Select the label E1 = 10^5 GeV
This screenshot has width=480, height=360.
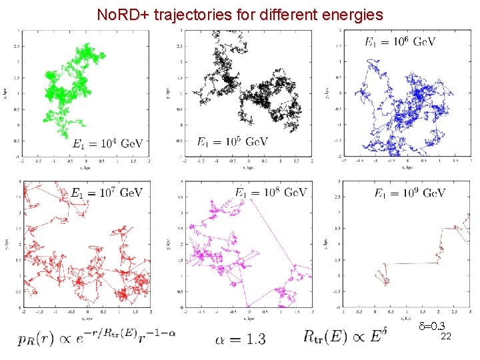[x=233, y=142]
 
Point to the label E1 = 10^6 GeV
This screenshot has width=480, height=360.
[x=399, y=42]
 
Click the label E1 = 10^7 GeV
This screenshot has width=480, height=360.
[x=107, y=193]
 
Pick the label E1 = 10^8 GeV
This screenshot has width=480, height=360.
[x=270, y=193]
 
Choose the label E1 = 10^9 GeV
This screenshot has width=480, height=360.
[x=409, y=194]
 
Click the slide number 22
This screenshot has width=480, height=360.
[x=446, y=337]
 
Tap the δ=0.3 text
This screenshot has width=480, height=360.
[x=431, y=327]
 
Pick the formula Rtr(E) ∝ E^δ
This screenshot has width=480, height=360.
[x=344, y=335]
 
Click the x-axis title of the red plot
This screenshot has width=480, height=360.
[x=86, y=319]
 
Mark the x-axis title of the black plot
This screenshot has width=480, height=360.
[x=248, y=167]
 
